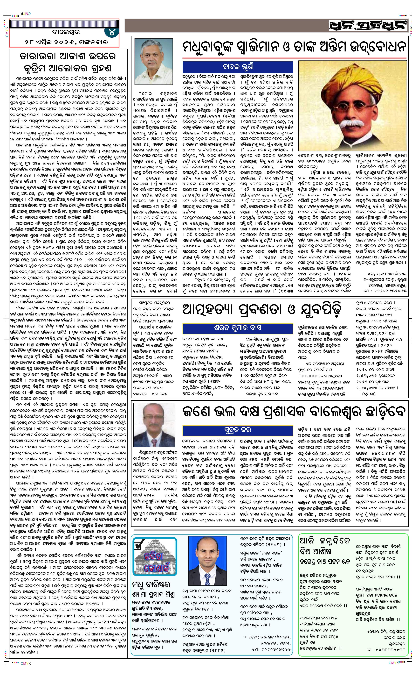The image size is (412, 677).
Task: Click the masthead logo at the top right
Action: coord(367,26)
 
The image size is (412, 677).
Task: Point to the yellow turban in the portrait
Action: coord(343,80)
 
